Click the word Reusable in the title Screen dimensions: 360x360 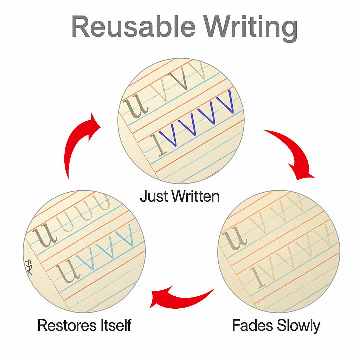[x=132, y=27]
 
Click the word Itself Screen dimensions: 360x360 [x=116, y=325]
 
